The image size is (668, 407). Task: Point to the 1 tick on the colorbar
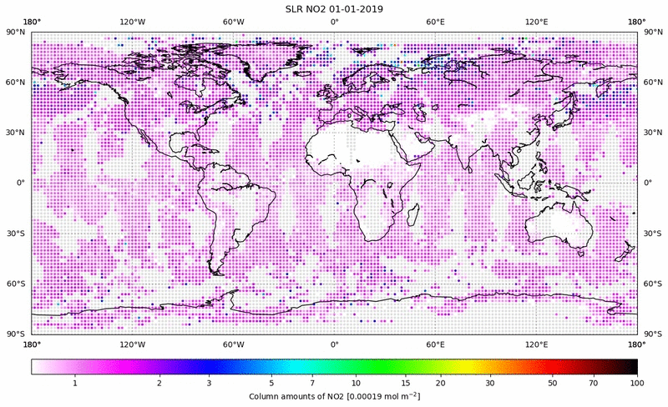pos(75,383)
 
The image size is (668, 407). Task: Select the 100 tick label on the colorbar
pos(637,383)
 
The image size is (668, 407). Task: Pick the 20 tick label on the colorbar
pos(439,383)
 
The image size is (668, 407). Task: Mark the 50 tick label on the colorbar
pos(552,383)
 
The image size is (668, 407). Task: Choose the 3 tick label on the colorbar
pos(210,383)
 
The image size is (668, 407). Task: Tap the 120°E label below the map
pos(536,344)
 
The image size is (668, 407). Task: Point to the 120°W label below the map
pos(133,344)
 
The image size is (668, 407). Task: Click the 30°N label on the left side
pos(18,133)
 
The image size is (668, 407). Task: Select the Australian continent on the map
pos(558,225)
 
